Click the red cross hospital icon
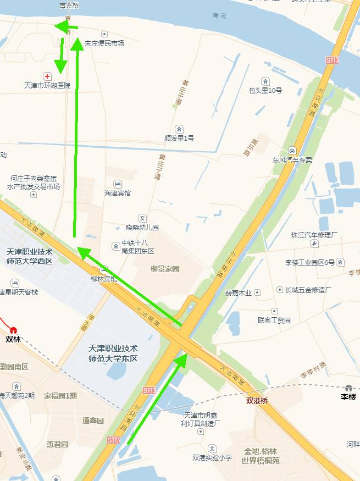coord(47,76)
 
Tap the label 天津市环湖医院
coord(47,86)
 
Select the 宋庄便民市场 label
coord(104,43)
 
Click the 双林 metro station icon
coord(14,330)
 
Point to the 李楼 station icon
coord(348,388)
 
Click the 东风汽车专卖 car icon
coord(292,151)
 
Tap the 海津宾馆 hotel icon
coord(118,184)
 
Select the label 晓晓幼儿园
coord(142,227)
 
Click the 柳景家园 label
coord(165,269)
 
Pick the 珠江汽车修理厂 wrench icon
coord(314,244)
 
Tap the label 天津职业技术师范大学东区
coord(113,353)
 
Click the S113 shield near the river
coord(332,60)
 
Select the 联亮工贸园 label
coord(274,320)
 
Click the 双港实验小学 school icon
coord(212,449)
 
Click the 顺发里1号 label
coord(179,138)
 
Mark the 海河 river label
coord(219,16)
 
